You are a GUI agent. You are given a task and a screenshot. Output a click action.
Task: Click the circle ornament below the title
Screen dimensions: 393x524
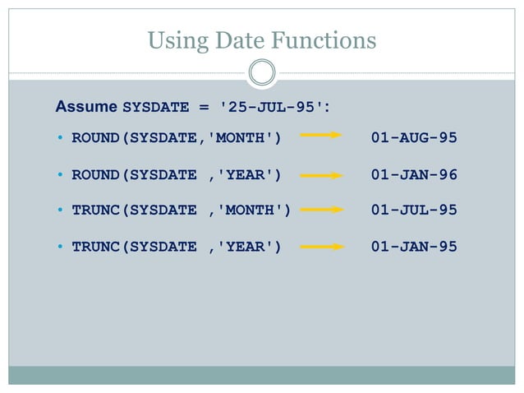tap(262, 72)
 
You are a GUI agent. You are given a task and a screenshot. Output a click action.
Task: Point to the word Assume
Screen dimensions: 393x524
tap(86, 107)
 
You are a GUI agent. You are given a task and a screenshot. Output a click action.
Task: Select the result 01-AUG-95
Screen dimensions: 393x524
tap(413, 137)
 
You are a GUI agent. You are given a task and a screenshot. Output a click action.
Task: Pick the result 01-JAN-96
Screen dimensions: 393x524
tap(413, 174)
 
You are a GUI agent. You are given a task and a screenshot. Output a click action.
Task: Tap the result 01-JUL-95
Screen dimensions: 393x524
tap(413, 210)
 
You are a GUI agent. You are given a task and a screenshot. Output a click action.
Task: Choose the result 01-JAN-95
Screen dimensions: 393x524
tap(413, 246)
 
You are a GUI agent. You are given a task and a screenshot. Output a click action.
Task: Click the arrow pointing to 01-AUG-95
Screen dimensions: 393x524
tap(321, 137)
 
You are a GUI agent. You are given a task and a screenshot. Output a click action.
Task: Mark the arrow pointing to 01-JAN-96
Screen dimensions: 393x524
tap(321, 174)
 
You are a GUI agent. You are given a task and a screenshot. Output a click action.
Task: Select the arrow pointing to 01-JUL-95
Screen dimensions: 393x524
tap(321, 210)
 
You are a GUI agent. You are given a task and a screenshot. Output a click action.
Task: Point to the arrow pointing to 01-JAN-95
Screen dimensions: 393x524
tap(321, 246)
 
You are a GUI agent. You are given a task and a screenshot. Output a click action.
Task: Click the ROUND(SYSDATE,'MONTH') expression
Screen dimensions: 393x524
tap(177, 137)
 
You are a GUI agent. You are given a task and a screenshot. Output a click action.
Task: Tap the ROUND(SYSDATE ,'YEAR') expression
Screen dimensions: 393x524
tap(177, 174)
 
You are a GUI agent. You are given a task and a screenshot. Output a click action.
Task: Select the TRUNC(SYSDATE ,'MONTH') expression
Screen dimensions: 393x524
tap(182, 210)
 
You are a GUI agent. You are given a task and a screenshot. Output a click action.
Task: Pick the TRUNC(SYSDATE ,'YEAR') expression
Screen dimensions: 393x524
tap(177, 246)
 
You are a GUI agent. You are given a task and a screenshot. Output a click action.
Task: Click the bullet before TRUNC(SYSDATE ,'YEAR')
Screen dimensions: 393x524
tap(61, 247)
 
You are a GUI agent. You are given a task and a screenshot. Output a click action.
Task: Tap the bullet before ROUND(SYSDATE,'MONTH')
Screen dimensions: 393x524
tap(61, 138)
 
